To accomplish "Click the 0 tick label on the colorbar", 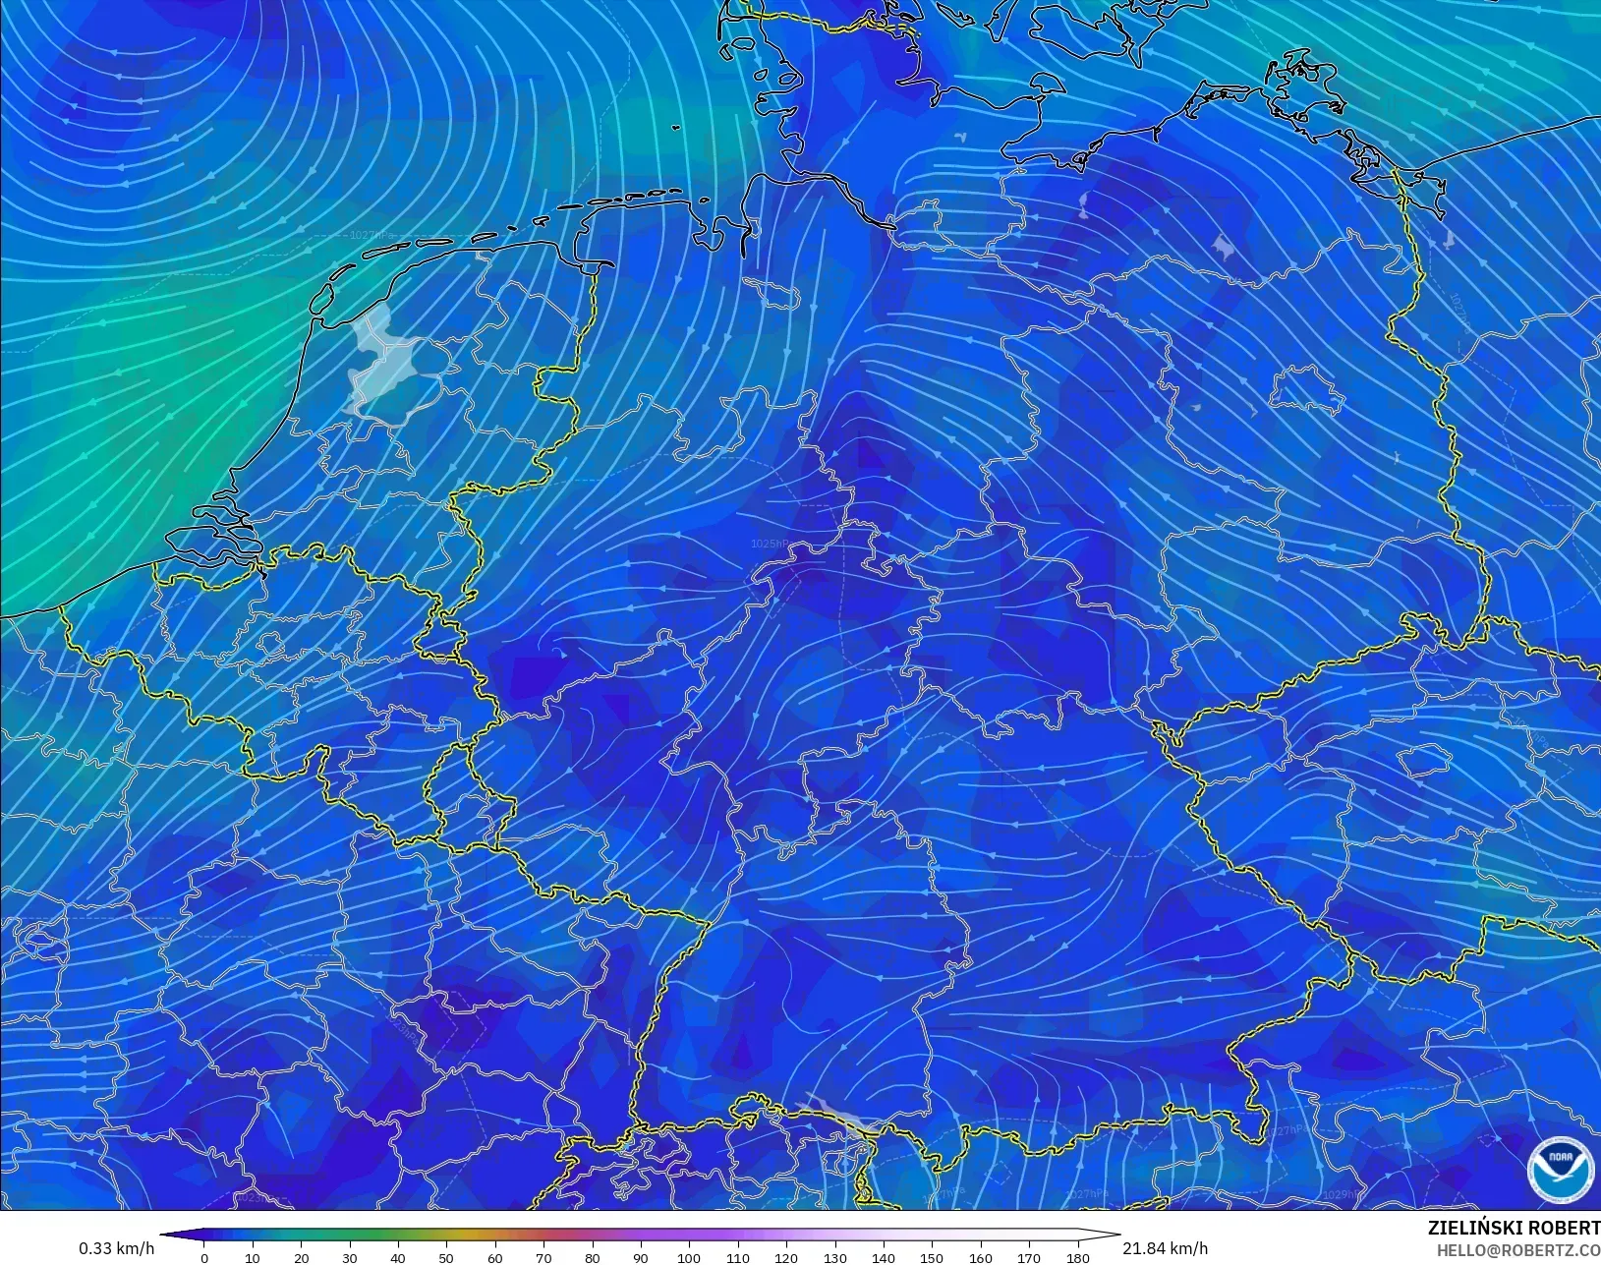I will pos(204,1257).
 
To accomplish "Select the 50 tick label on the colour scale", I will pos(446,1257).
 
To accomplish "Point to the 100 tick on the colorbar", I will pos(689,1257).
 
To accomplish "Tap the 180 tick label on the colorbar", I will pos(1077,1257).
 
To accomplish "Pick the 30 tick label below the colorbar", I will pos(350,1257).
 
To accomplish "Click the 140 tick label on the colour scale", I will pos(884,1257).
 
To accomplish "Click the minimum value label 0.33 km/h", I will pos(116,1248).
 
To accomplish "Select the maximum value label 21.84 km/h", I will pos(1165,1248).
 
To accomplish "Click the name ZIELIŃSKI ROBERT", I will pos(1514,1229).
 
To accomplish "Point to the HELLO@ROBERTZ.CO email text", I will pos(1518,1250).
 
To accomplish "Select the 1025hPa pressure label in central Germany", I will pos(770,544).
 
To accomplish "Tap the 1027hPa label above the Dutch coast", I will pos(371,235).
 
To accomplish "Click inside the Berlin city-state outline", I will pos(1307,391).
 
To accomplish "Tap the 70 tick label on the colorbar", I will pos(543,1257).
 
